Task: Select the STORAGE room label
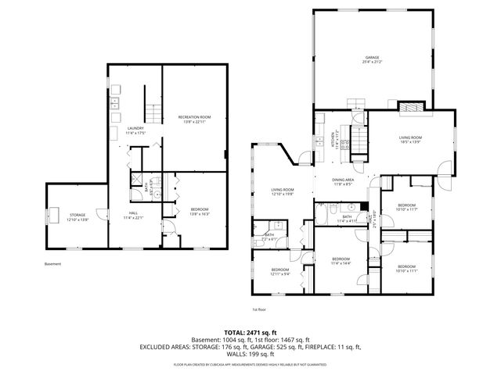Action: [x=76, y=216]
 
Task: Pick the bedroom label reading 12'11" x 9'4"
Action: [x=280, y=271]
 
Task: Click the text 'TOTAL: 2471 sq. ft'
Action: [x=250, y=332]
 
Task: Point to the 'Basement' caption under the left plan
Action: [x=53, y=264]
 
